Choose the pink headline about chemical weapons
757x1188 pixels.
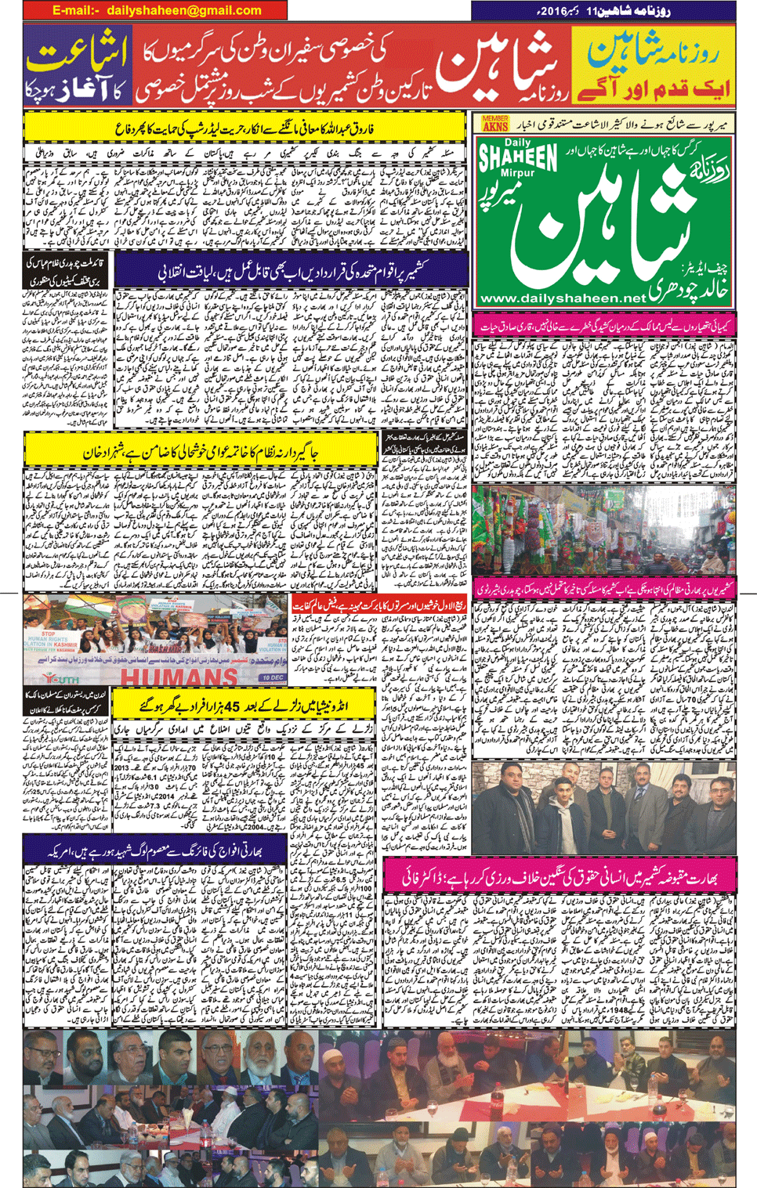pos(604,323)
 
